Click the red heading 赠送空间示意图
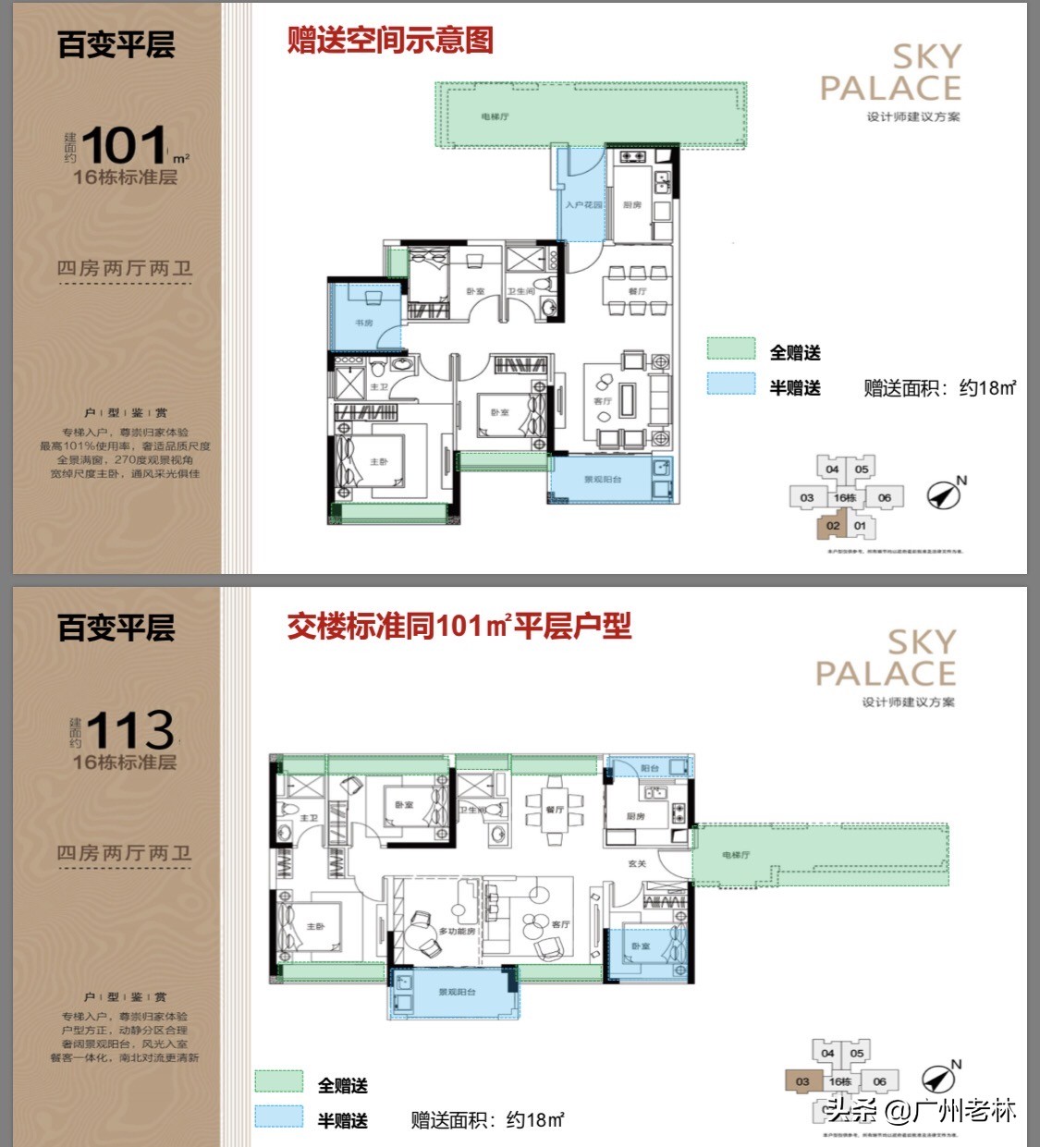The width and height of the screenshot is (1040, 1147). pos(389,41)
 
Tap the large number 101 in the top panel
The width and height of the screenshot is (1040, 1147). pos(124,146)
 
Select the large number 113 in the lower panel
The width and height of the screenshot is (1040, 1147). pos(130,730)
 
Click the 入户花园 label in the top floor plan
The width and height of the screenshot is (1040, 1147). pos(583,204)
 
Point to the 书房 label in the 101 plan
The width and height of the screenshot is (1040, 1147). pos(364,323)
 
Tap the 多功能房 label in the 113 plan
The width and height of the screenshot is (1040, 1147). pos(457,931)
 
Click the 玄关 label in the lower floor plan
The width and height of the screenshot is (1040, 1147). pos(637,863)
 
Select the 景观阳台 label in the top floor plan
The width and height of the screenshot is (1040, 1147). pos(603,480)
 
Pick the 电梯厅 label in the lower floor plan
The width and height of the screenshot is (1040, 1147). pos(736,855)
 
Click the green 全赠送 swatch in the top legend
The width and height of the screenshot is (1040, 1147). pos(731,348)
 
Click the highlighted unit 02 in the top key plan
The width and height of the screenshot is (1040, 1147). pos(833,526)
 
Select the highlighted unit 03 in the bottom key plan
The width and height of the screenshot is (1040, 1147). pos(801,1081)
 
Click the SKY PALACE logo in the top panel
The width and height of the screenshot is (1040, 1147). pos(891,73)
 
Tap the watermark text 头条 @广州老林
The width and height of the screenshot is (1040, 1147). pos(922,1109)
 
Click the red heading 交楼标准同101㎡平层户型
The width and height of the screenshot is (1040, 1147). pos(459,627)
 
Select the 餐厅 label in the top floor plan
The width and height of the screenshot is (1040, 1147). pos(637,291)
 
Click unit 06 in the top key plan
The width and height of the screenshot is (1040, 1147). pos(885,497)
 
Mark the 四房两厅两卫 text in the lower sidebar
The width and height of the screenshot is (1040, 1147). pos(125,852)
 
